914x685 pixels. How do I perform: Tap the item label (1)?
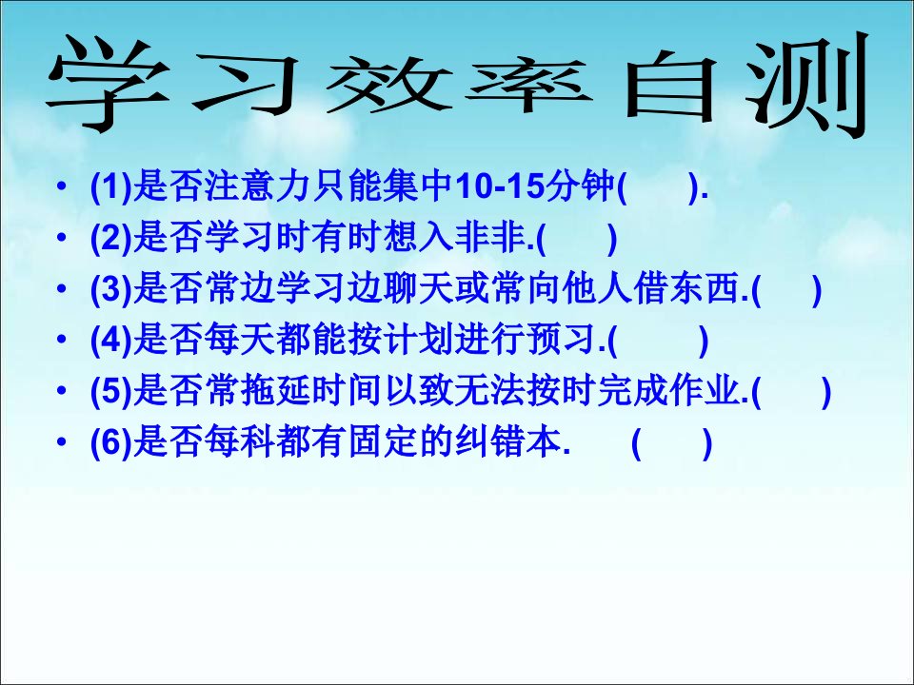[x=111, y=187]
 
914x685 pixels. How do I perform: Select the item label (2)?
[x=111, y=238]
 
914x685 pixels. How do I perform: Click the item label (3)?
[x=111, y=289]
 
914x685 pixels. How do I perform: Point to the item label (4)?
[x=111, y=341]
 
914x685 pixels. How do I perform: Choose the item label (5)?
[x=111, y=392]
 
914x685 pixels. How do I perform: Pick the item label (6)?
[x=111, y=443]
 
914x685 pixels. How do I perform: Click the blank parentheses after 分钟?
[x=658, y=187]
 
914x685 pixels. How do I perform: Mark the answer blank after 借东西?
[x=787, y=290]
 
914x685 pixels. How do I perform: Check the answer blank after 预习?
[x=658, y=342]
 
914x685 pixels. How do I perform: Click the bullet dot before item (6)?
[x=62, y=442]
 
